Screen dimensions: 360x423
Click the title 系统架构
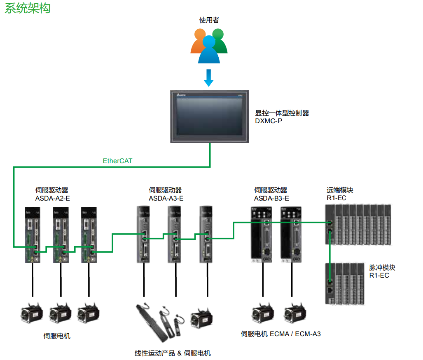point(28,8)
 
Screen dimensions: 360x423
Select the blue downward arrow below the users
point(209,77)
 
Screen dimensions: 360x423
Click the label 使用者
point(209,20)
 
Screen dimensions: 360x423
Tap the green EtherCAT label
point(117,161)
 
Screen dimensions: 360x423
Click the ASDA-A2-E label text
point(53,198)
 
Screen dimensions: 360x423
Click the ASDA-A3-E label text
point(166,198)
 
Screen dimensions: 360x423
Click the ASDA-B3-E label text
point(271,198)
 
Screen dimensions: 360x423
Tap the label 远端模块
point(340,190)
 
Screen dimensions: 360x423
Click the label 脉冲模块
point(382,267)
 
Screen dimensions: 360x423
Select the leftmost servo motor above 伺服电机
point(32,314)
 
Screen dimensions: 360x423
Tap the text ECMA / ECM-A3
point(295,334)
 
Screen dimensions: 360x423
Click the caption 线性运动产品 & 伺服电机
point(173,353)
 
